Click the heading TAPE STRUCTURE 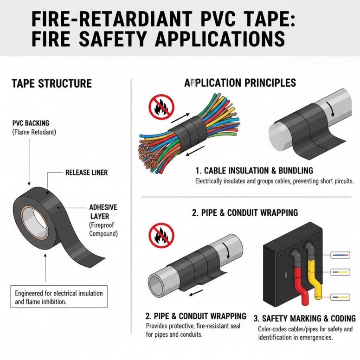[51, 84]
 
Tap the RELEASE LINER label [86, 173]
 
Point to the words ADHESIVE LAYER [103, 212]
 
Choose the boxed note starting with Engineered [59, 297]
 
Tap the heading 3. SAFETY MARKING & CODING [305, 318]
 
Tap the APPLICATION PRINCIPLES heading [240, 83]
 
